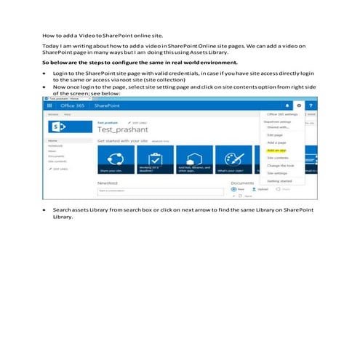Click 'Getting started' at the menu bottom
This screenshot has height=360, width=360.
[x=279, y=182]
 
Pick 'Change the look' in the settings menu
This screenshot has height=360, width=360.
[x=280, y=165]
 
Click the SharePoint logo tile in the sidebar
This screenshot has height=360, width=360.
[x=56, y=127]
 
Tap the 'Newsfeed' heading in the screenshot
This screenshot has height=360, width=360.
[x=107, y=183]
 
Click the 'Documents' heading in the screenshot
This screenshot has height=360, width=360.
[x=242, y=183]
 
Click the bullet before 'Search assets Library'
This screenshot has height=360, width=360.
[x=45, y=209]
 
